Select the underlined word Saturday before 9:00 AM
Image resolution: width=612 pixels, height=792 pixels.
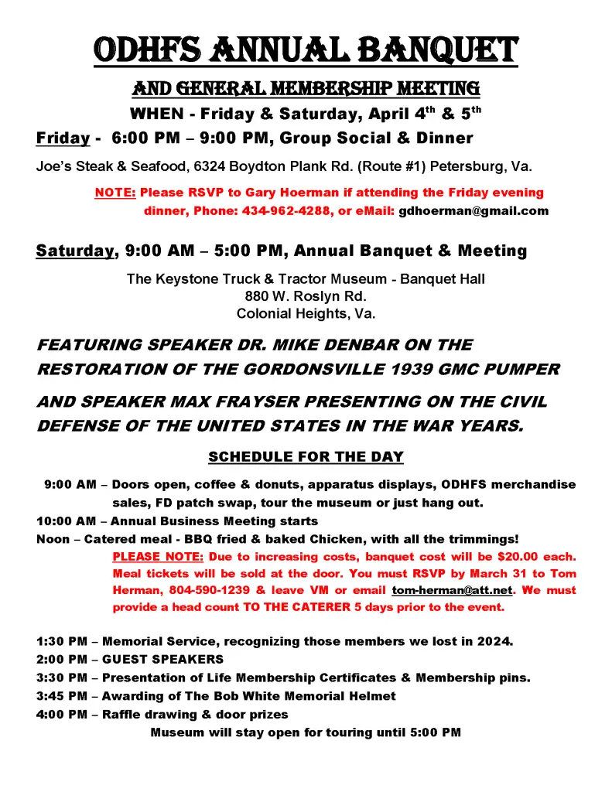tap(75, 251)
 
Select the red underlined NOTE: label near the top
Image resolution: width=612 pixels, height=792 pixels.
tap(115, 193)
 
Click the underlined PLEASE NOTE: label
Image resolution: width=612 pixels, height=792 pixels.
tap(159, 557)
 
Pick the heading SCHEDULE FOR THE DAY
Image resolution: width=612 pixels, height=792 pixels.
tap(306, 457)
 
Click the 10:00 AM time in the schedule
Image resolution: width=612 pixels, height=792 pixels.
tap(66, 521)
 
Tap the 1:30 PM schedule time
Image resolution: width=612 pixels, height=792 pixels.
tap(62, 642)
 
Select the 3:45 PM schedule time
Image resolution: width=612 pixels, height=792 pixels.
tap(62, 696)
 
